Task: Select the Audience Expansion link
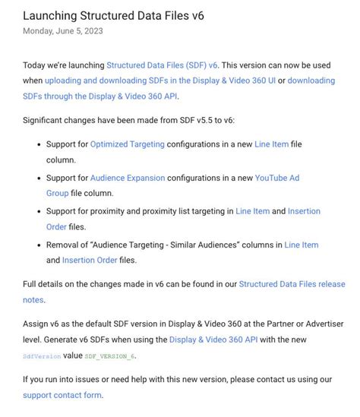click(128, 178)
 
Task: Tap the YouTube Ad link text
click(277, 178)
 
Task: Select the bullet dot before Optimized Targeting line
click(39, 144)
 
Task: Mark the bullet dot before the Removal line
click(39, 245)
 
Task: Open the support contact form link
click(62, 395)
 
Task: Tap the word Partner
click(272, 322)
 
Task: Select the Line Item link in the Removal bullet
click(302, 245)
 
